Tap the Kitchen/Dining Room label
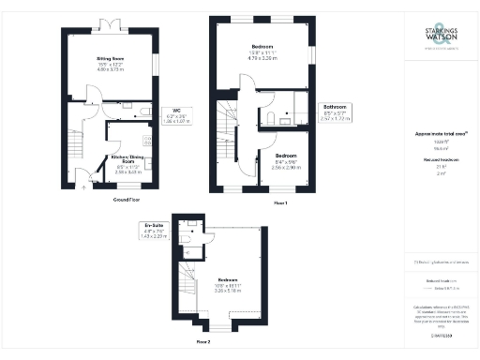[x=125, y=162]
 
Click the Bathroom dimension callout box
[x=335, y=113]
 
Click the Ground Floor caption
[x=127, y=200]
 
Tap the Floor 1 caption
[x=279, y=203]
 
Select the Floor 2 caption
[x=202, y=342]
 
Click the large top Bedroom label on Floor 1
[x=262, y=51]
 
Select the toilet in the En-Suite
[x=187, y=240]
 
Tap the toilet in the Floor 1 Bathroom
[x=269, y=117]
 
